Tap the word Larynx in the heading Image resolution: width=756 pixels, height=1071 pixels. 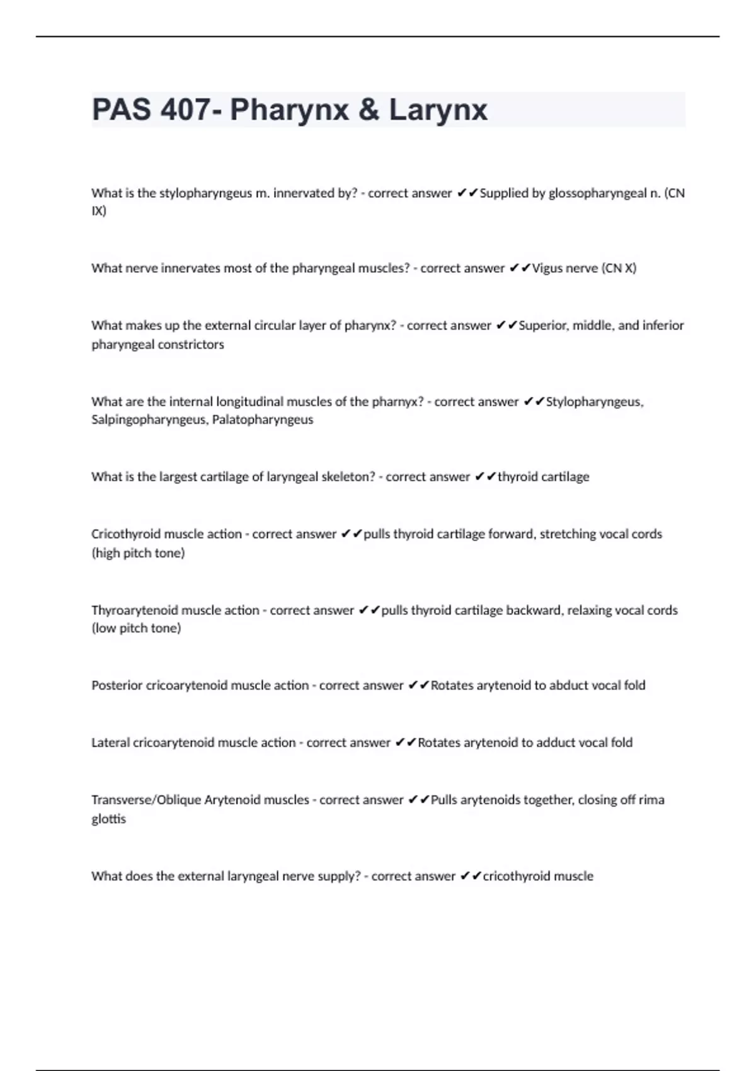click(x=438, y=110)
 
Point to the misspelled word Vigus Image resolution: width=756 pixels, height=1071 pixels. click(x=547, y=268)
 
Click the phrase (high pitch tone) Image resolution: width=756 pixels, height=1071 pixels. click(x=138, y=553)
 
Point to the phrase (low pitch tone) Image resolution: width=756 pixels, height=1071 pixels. click(x=136, y=628)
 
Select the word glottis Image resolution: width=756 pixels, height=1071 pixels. click(x=108, y=819)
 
